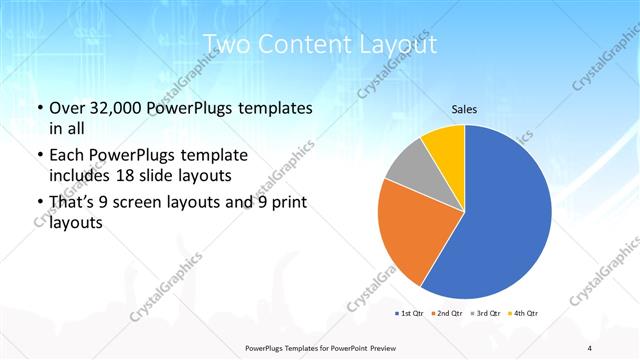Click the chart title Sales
[464, 109]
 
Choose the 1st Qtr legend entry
[410, 314]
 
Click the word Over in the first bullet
[69, 108]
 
